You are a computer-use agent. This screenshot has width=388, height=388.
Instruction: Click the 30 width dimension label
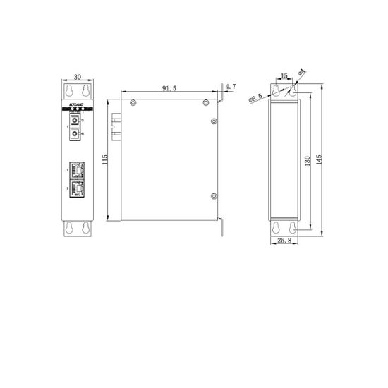point(78,77)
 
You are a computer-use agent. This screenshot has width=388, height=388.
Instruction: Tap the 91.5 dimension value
point(169,88)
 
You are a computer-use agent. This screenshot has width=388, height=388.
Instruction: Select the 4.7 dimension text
point(231,88)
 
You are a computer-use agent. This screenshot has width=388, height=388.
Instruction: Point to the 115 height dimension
point(105,161)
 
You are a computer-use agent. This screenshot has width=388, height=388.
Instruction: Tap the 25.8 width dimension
point(284,241)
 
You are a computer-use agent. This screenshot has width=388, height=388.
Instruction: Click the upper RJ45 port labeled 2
point(77,170)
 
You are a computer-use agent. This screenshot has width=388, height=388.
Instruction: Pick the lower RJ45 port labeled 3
point(77,188)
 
